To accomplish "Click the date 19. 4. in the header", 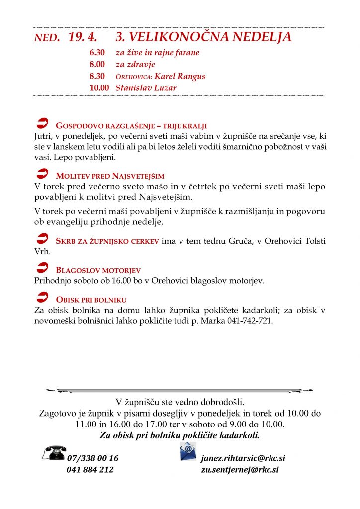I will click(x=83, y=37).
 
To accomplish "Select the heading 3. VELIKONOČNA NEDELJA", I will click(x=203, y=37).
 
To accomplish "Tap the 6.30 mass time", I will click(x=97, y=52).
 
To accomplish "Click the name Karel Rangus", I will click(x=180, y=76).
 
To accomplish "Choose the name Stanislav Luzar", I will click(x=146, y=88).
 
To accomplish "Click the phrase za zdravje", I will click(x=135, y=64).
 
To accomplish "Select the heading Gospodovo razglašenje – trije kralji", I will click(x=131, y=126).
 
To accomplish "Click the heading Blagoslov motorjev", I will click(x=98, y=270).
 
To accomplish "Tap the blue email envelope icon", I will click(x=188, y=451).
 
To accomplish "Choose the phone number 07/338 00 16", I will click(x=92, y=458).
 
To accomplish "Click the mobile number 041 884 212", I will click(x=90, y=469).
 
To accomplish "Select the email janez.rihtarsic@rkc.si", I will click(x=243, y=458).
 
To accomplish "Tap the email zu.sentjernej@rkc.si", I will click(x=240, y=469).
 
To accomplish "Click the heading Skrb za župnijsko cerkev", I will click(x=107, y=241).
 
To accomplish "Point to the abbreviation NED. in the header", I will click(x=47, y=38).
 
